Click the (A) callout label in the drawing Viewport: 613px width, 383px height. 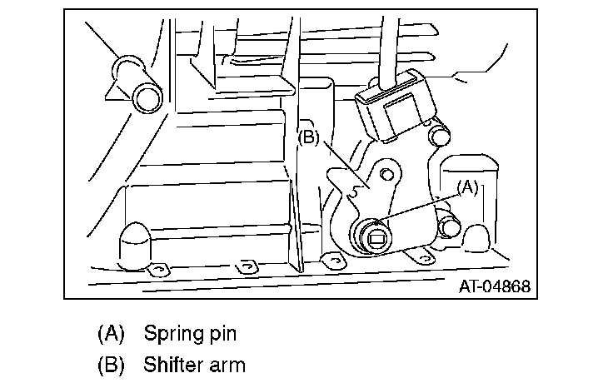tap(468, 188)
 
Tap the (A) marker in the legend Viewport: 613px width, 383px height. tap(111, 334)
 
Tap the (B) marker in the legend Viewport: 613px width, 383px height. tap(111, 364)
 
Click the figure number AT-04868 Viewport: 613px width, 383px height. tap(494, 287)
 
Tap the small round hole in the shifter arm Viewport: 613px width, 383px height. tap(386, 174)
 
